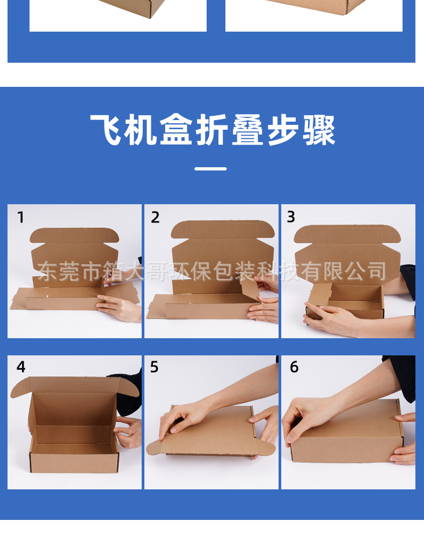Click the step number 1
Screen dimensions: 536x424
tap(20, 217)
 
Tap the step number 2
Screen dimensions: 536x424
tap(155, 217)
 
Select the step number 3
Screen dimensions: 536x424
tap(291, 217)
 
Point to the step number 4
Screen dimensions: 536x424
tap(21, 367)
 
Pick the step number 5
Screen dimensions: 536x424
tap(155, 367)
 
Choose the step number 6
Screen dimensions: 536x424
tap(294, 367)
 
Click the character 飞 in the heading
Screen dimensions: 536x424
tap(106, 130)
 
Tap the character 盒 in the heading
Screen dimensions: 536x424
tap(177, 130)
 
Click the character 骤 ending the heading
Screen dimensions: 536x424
tap(319, 130)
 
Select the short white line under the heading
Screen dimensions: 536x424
tap(210, 169)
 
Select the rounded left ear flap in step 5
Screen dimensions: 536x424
tap(156, 446)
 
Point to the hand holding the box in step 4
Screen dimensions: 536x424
tap(129, 431)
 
